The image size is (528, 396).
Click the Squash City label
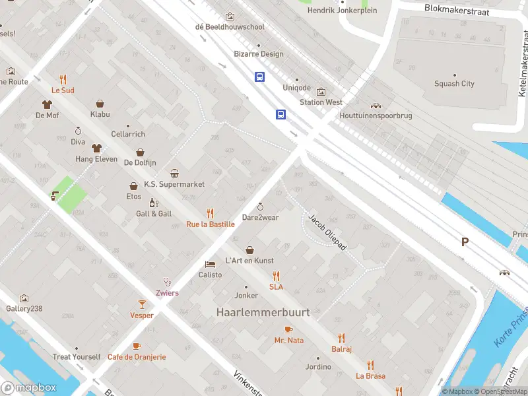click(454, 84)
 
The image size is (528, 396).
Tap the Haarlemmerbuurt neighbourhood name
click(263, 312)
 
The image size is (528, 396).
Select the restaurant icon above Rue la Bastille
click(210, 213)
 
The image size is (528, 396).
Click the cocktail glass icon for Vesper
click(141, 304)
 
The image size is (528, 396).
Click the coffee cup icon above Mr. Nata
click(288, 329)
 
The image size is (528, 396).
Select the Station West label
click(321, 102)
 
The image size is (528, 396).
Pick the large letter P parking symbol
click(465, 242)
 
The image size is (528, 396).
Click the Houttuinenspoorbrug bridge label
click(376, 115)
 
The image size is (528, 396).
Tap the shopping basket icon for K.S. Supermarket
click(174, 174)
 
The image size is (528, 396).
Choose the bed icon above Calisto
click(210, 263)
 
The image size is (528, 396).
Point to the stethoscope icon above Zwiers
click(167, 282)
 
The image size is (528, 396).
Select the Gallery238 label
click(24, 308)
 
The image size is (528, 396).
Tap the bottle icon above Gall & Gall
click(153, 203)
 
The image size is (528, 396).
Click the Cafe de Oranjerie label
click(137, 356)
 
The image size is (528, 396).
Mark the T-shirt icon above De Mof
click(47, 104)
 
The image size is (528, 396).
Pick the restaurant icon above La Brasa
click(370, 364)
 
